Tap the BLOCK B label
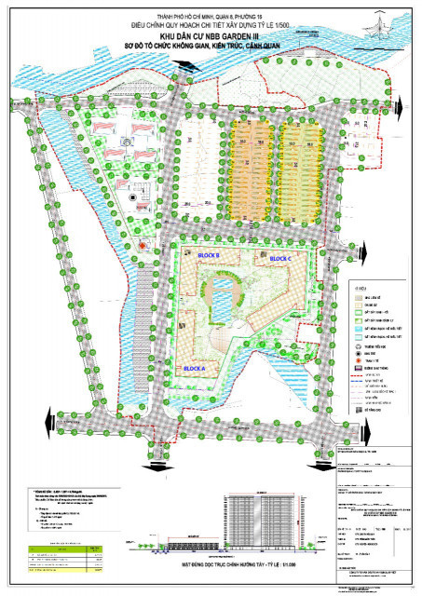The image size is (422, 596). pos(207,255)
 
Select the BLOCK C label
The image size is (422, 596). pos(280,258)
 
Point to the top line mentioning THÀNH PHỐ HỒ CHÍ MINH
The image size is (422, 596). pos(211,8)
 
